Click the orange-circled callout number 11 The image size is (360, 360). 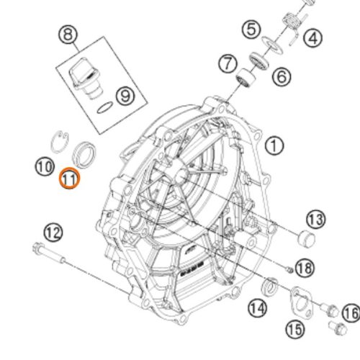[x=70, y=179]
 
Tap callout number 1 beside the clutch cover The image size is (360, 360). [x=274, y=145]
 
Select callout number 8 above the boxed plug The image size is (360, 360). [x=68, y=35]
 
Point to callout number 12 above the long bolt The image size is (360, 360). [x=53, y=233]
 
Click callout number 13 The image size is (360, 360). [x=316, y=220]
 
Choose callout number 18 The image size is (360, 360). [x=305, y=268]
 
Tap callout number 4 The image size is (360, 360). [x=312, y=38]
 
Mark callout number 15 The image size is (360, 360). [x=295, y=329]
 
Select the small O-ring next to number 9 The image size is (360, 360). [x=105, y=107]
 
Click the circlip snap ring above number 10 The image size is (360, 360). [x=60, y=142]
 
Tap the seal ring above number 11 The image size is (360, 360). [x=84, y=155]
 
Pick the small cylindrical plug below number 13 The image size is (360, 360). [x=306, y=238]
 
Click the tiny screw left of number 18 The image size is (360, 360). [x=289, y=271]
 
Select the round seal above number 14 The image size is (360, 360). [x=270, y=286]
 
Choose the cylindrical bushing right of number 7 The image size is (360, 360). [x=246, y=78]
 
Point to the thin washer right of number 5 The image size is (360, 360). [x=272, y=45]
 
